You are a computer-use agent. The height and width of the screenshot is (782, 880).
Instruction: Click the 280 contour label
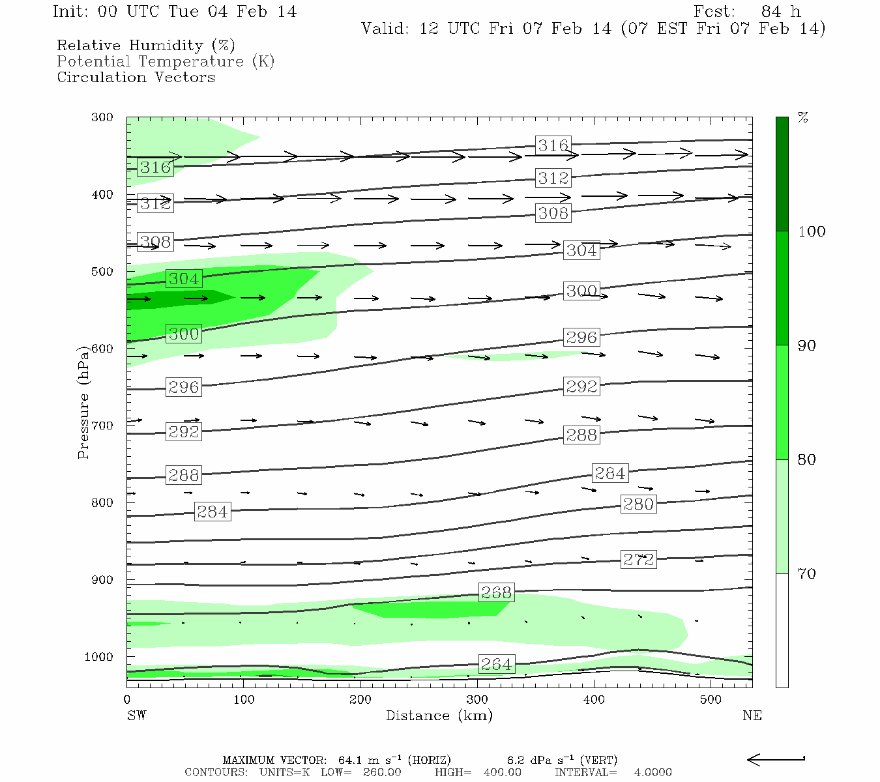click(x=638, y=504)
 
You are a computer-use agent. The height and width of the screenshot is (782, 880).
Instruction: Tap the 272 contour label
click(x=638, y=560)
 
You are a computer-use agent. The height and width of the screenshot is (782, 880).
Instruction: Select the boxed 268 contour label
click(x=496, y=592)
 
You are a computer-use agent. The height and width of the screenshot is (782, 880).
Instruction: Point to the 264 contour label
click(x=496, y=664)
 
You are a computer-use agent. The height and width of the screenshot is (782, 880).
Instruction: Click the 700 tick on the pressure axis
click(x=102, y=426)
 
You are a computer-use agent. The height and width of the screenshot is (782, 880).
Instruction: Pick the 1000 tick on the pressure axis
click(x=99, y=657)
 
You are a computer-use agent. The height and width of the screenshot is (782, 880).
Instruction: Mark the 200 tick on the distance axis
click(x=360, y=700)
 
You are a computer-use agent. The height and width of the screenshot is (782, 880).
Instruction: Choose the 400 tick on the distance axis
click(x=594, y=700)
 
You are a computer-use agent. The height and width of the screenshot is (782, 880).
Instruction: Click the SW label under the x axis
click(x=136, y=716)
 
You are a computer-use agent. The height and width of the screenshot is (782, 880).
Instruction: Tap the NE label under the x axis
click(x=752, y=716)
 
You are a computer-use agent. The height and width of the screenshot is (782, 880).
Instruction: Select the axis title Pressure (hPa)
click(x=83, y=402)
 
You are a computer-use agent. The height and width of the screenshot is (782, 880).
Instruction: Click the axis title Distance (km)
click(x=439, y=716)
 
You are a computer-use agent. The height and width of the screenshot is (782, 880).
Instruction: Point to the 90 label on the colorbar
click(x=807, y=346)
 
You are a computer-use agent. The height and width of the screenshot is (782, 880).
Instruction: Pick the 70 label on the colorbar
click(x=807, y=574)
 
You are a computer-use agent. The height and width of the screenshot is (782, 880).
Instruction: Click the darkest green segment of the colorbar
click(x=782, y=174)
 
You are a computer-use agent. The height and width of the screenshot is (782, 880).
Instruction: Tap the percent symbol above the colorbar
click(x=803, y=118)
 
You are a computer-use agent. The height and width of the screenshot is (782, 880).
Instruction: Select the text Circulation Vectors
click(x=136, y=78)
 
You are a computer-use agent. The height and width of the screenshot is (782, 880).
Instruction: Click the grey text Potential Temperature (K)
click(x=166, y=62)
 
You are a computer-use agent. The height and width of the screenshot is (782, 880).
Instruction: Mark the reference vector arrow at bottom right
click(x=776, y=759)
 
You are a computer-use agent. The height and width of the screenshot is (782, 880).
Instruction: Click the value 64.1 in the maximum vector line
click(x=352, y=760)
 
